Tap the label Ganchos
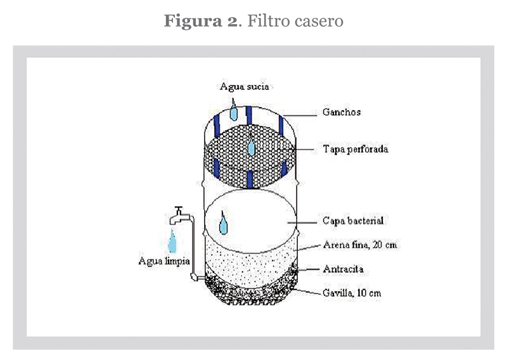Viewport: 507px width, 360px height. click(x=341, y=112)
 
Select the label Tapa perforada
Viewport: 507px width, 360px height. click(x=355, y=150)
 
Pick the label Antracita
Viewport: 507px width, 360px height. click(x=344, y=269)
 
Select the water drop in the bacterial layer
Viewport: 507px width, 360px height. click(x=224, y=224)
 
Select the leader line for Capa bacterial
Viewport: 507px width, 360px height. click(x=303, y=222)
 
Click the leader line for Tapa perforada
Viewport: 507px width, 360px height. click(x=304, y=150)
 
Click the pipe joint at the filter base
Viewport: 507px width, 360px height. click(x=196, y=277)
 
